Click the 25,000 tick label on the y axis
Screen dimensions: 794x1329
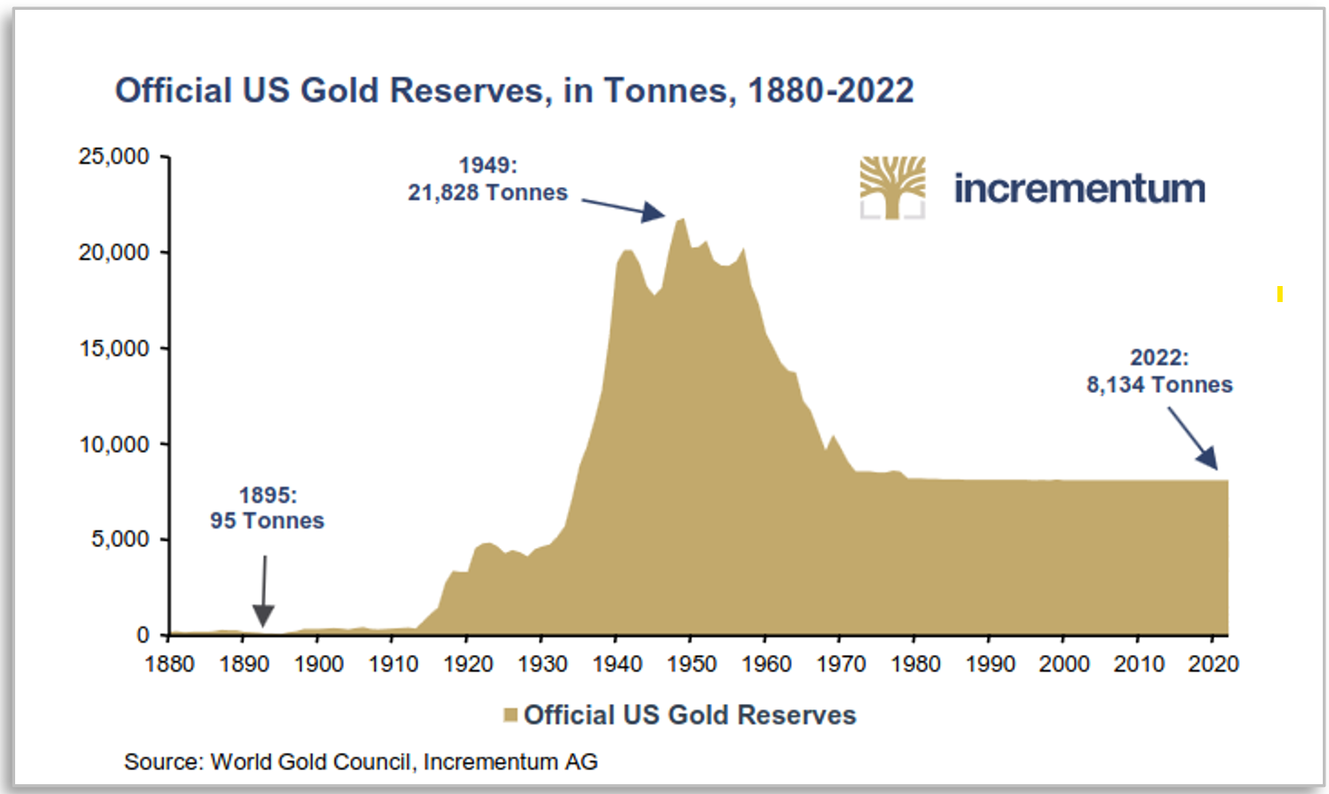tap(113, 157)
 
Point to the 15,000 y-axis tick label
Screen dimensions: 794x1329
tap(113, 348)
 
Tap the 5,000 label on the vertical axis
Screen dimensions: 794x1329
tap(119, 539)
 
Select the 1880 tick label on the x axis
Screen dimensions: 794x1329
tap(169, 664)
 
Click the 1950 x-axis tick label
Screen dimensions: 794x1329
tap(692, 664)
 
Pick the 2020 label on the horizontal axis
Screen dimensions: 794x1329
tap(1213, 664)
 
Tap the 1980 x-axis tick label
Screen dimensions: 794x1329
tap(915, 664)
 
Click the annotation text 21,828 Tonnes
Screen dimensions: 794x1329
tap(488, 192)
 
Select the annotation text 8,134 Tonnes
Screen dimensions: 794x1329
tap(1159, 385)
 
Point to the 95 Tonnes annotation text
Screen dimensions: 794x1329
tap(267, 520)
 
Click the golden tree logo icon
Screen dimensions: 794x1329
tap(892, 187)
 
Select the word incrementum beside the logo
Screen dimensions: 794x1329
tap(1079, 188)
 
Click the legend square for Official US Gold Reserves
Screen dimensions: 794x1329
tap(511, 715)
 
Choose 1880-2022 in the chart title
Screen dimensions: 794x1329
tap(831, 91)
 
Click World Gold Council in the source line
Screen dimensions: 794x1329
tap(311, 762)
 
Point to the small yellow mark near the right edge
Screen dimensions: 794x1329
tap(1280, 293)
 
